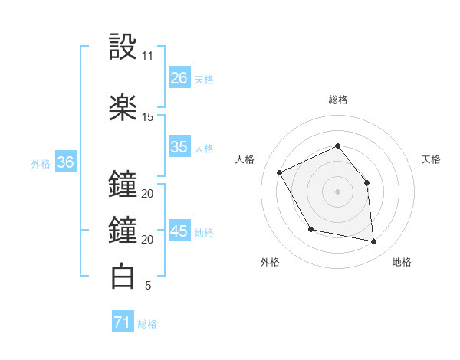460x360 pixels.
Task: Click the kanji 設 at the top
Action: point(123,47)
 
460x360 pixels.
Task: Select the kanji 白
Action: point(123,276)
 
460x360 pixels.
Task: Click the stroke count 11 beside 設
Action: point(148,56)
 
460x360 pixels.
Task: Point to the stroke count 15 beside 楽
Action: point(148,117)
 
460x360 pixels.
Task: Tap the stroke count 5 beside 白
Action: point(148,286)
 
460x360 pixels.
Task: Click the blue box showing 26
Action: point(179,78)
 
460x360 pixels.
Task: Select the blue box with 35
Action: point(179,147)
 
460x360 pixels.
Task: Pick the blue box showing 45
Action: point(179,231)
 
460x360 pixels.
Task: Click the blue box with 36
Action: point(65,162)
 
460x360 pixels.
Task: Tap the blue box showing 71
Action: point(123,323)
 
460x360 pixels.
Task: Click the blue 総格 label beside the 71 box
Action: point(147,324)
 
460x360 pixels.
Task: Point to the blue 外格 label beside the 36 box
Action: point(41,163)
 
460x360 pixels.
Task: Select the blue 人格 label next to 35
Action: point(204,148)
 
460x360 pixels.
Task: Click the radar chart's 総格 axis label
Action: point(338,100)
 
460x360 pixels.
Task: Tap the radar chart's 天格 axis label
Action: point(432,159)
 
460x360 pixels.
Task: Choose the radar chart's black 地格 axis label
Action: point(402,262)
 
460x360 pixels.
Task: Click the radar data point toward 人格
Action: point(280,172)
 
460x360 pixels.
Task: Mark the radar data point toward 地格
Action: point(373,241)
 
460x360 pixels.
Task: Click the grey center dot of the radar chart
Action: point(338,191)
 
